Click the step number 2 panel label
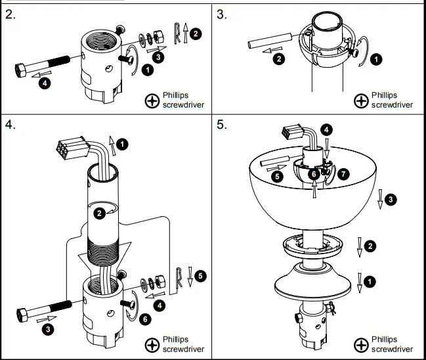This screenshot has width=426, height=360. [11, 14]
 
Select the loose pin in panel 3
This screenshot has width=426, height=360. [266, 44]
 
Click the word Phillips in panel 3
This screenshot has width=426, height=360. [385, 95]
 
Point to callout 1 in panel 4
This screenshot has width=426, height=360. [124, 143]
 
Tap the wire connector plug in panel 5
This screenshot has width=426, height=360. [289, 133]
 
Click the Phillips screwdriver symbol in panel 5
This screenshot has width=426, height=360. [361, 344]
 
